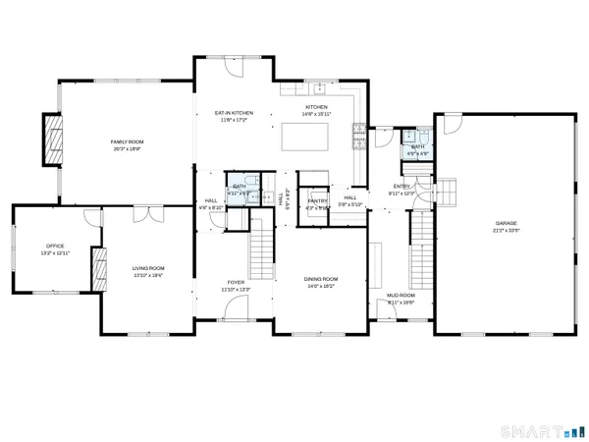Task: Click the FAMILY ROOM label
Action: tap(126, 142)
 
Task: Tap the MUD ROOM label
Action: tap(402, 295)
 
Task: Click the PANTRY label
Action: tap(316, 199)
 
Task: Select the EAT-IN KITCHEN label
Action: tap(235, 113)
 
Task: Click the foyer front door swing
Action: tap(237, 311)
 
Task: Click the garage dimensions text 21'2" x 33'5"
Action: tap(505, 234)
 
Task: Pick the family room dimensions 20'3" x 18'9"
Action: tap(126, 150)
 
